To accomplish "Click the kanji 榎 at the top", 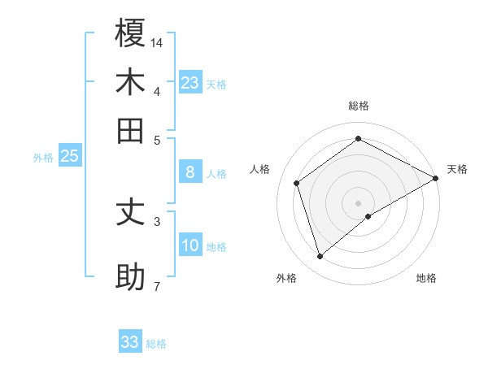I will (130, 33).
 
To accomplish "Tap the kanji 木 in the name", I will (130, 83).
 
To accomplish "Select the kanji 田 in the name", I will (130, 131).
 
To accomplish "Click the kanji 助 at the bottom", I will (130, 277).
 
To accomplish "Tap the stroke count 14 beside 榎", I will (157, 41).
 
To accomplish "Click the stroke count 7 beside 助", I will (156, 286).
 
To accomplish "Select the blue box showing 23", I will (190, 83).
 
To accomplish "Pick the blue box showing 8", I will (190, 172).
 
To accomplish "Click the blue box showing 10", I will (190, 245).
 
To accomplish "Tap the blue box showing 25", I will (69, 156).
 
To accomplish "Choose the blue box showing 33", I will (130, 342).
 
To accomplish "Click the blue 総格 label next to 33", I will (157, 344).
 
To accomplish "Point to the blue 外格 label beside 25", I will (42, 158).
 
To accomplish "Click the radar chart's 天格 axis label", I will (457, 169).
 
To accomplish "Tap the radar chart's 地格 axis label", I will (426, 278).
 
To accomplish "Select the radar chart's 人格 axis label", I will (260, 169).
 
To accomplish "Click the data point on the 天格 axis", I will (436, 178).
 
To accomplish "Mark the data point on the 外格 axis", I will (320, 257).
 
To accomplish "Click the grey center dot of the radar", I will (358, 202).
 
